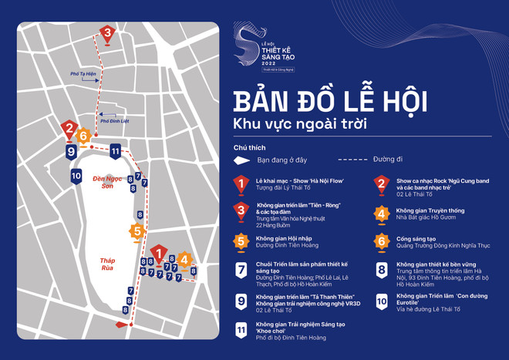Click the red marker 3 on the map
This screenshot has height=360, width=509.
tap(107, 34)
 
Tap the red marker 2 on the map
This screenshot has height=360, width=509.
tap(69, 130)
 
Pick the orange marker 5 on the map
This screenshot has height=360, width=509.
tap(137, 231)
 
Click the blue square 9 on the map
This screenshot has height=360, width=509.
tap(72, 152)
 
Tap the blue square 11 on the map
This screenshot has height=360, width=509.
tap(115, 150)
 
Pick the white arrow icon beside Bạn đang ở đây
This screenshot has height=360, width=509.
tap(244, 160)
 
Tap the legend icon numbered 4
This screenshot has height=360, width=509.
tap(381, 214)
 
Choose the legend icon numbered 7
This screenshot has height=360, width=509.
tap(241, 271)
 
